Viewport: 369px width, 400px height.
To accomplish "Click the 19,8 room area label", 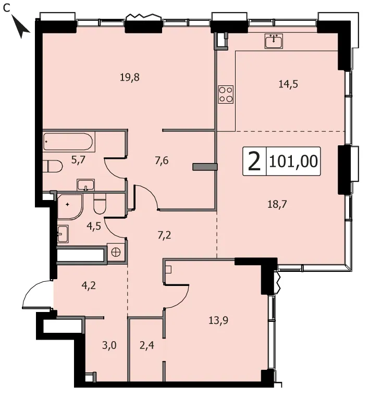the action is (x=130, y=77).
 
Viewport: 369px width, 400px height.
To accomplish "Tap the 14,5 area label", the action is (x=288, y=84).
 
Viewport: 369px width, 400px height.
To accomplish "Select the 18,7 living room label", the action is (x=277, y=204).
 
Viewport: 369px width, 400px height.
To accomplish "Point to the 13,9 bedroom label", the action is (x=218, y=320).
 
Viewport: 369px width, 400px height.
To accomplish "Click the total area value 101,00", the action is (x=293, y=161).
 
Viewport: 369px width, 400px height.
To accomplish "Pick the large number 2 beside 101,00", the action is (x=254, y=161).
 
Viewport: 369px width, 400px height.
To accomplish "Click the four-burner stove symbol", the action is (x=226, y=94).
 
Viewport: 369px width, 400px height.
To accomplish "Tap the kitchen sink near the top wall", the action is (x=274, y=41).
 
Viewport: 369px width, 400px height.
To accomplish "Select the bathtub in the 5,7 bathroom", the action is (x=68, y=142).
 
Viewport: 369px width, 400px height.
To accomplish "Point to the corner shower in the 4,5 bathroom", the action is (x=69, y=207).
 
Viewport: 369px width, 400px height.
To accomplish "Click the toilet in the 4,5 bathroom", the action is (x=100, y=204).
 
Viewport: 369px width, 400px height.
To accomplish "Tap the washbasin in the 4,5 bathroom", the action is (x=63, y=234).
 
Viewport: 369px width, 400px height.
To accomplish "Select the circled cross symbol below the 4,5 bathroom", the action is (x=116, y=252).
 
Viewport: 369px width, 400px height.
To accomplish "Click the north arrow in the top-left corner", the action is (x=21, y=26).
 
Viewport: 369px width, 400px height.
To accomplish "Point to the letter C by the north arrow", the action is (x=6, y=8).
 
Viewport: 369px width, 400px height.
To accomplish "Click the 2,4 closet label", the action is (x=147, y=345).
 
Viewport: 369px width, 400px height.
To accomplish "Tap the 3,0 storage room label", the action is (x=109, y=345).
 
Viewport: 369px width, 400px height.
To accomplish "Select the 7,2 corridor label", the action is (x=164, y=235).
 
